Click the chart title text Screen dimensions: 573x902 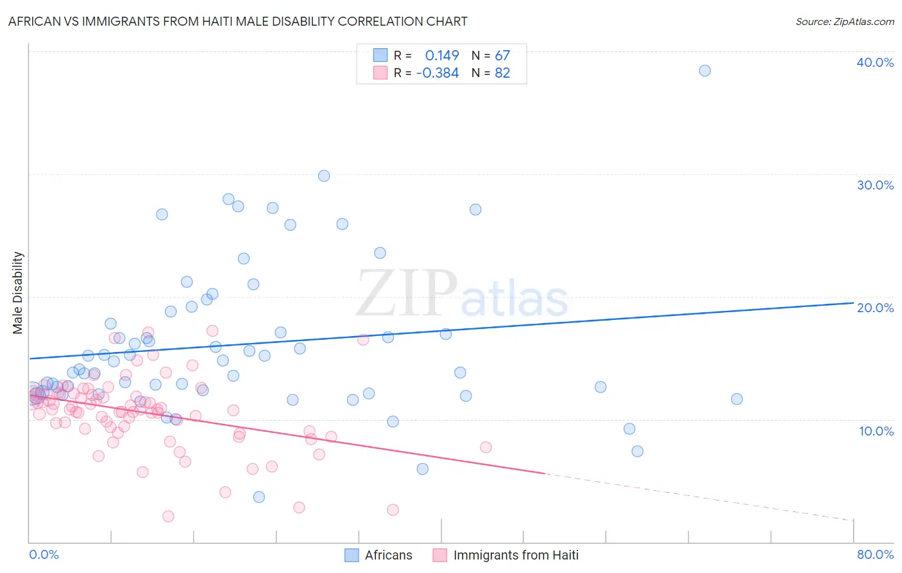(237, 21)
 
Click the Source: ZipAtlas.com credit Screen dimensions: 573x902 (844, 21)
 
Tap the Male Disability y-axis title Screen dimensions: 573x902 (18, 293)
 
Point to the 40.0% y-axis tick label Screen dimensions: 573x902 (875, 62)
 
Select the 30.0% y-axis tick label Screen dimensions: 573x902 (875, 185)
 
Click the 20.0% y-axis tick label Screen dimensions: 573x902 (875, 308)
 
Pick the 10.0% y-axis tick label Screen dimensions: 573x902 (876, 431)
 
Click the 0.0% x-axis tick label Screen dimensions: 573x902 (44, 554)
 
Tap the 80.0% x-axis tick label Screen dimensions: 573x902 (875, 554)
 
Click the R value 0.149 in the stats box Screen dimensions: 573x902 (442, 55)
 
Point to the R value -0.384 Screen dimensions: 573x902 (438, 73)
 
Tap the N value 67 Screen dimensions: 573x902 (502, 55)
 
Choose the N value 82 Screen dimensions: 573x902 (502, 73)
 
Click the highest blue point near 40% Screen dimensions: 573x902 (704, 71)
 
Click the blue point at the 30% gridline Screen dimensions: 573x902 (324, 176)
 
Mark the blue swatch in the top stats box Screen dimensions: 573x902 (380, 55)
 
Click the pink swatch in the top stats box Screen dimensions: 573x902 (380, 73)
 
